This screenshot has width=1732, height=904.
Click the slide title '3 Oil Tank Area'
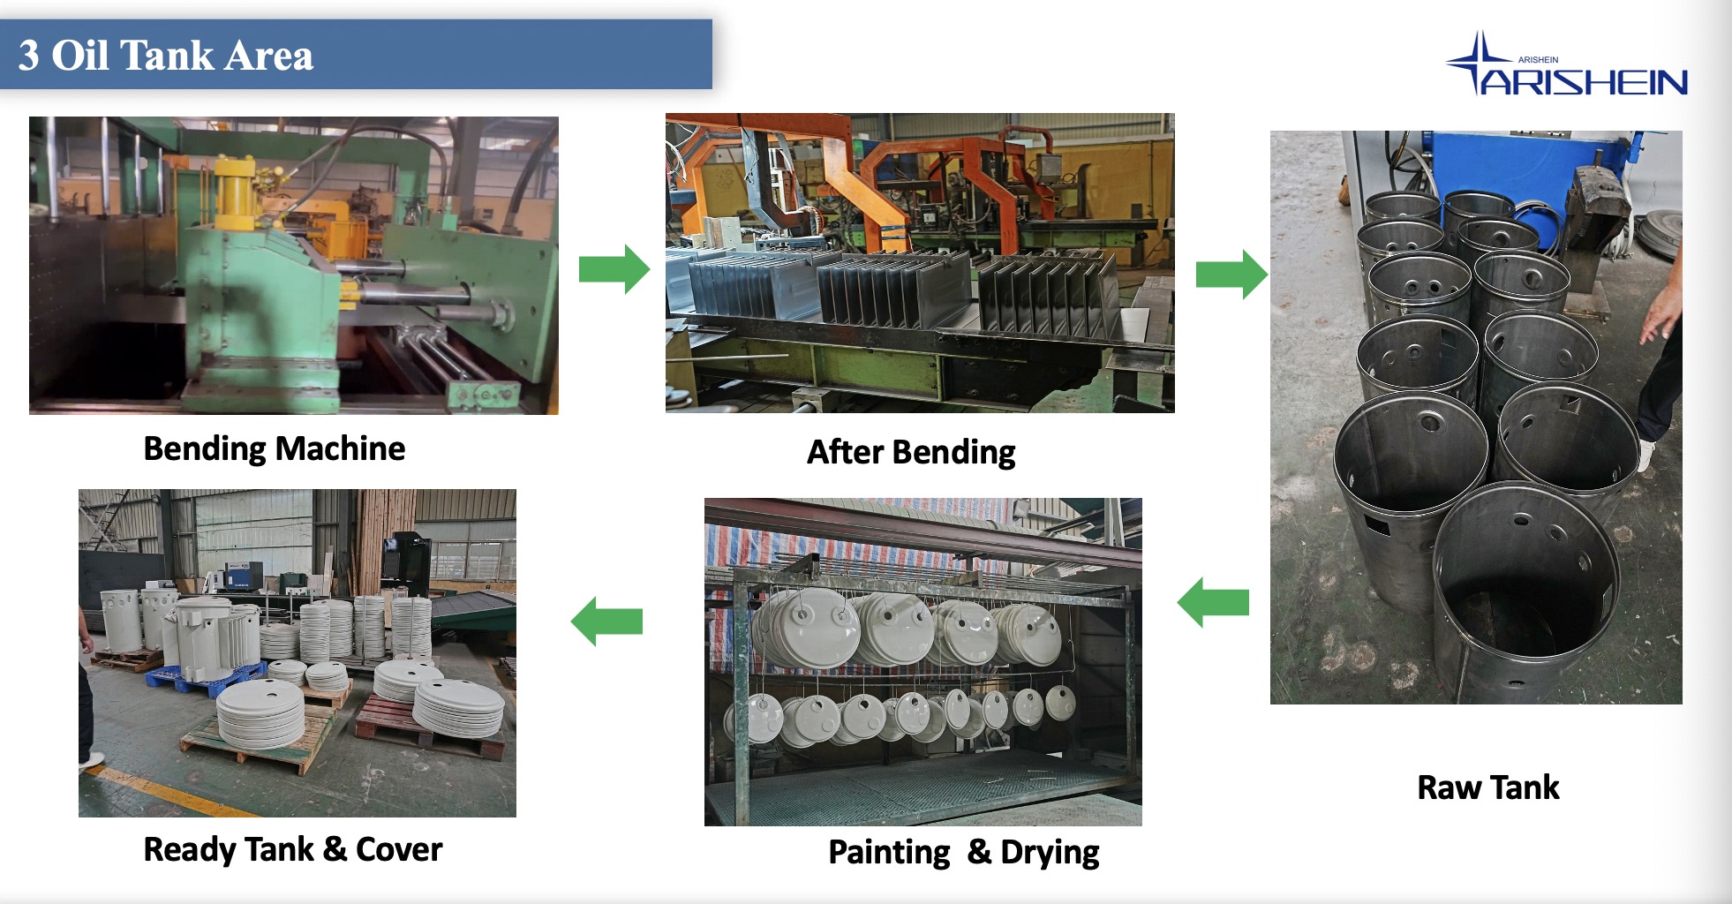(166, 55)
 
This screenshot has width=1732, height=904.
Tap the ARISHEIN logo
(1568, 66)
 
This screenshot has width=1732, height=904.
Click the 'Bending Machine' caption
(274, 448)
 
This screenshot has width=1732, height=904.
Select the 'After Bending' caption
(911, 452)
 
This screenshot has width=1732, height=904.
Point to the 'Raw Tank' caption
(1487, 787)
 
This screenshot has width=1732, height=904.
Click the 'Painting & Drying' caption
(963, 852)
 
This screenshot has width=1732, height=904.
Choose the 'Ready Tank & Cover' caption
(292, 849)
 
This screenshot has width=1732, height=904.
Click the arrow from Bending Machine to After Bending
(614, 268)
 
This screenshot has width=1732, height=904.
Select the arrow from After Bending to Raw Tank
(1231, 274)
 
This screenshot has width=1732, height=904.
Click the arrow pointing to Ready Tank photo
(607, 621)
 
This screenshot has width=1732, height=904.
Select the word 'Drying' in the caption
(1050, 852)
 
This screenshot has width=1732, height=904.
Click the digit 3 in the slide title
(28, 55)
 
